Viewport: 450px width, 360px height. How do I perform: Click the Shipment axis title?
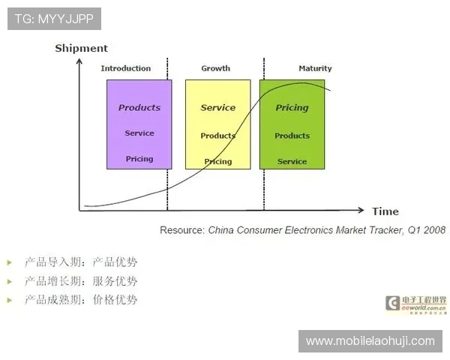tap(81, 49)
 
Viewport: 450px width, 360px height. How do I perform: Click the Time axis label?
tap(385, 211)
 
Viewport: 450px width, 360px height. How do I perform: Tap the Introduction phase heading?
tap(126, 68)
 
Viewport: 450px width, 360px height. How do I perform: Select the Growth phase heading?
tap(216, 68)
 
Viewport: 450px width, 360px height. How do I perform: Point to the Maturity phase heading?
tap(315, 68)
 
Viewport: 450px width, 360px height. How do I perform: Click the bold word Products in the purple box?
tap(139, 108)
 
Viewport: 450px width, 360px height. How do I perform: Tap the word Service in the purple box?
tap(139, 133)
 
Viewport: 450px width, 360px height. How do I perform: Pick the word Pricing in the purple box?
tap(139, 159)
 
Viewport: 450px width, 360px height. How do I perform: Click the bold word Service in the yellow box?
tap(218, 108)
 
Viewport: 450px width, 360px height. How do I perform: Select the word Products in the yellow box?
tap(218, 136)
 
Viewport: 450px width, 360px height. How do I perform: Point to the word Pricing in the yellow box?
tap(218, 161)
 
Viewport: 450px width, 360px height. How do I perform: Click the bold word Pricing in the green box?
tap(292, 108)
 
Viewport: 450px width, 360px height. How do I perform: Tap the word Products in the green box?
tap(292, 136)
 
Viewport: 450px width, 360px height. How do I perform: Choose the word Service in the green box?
tap(292, 161)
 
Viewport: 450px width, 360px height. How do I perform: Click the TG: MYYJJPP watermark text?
tap(54, 19)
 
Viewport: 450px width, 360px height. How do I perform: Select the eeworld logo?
tap(415, 304)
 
